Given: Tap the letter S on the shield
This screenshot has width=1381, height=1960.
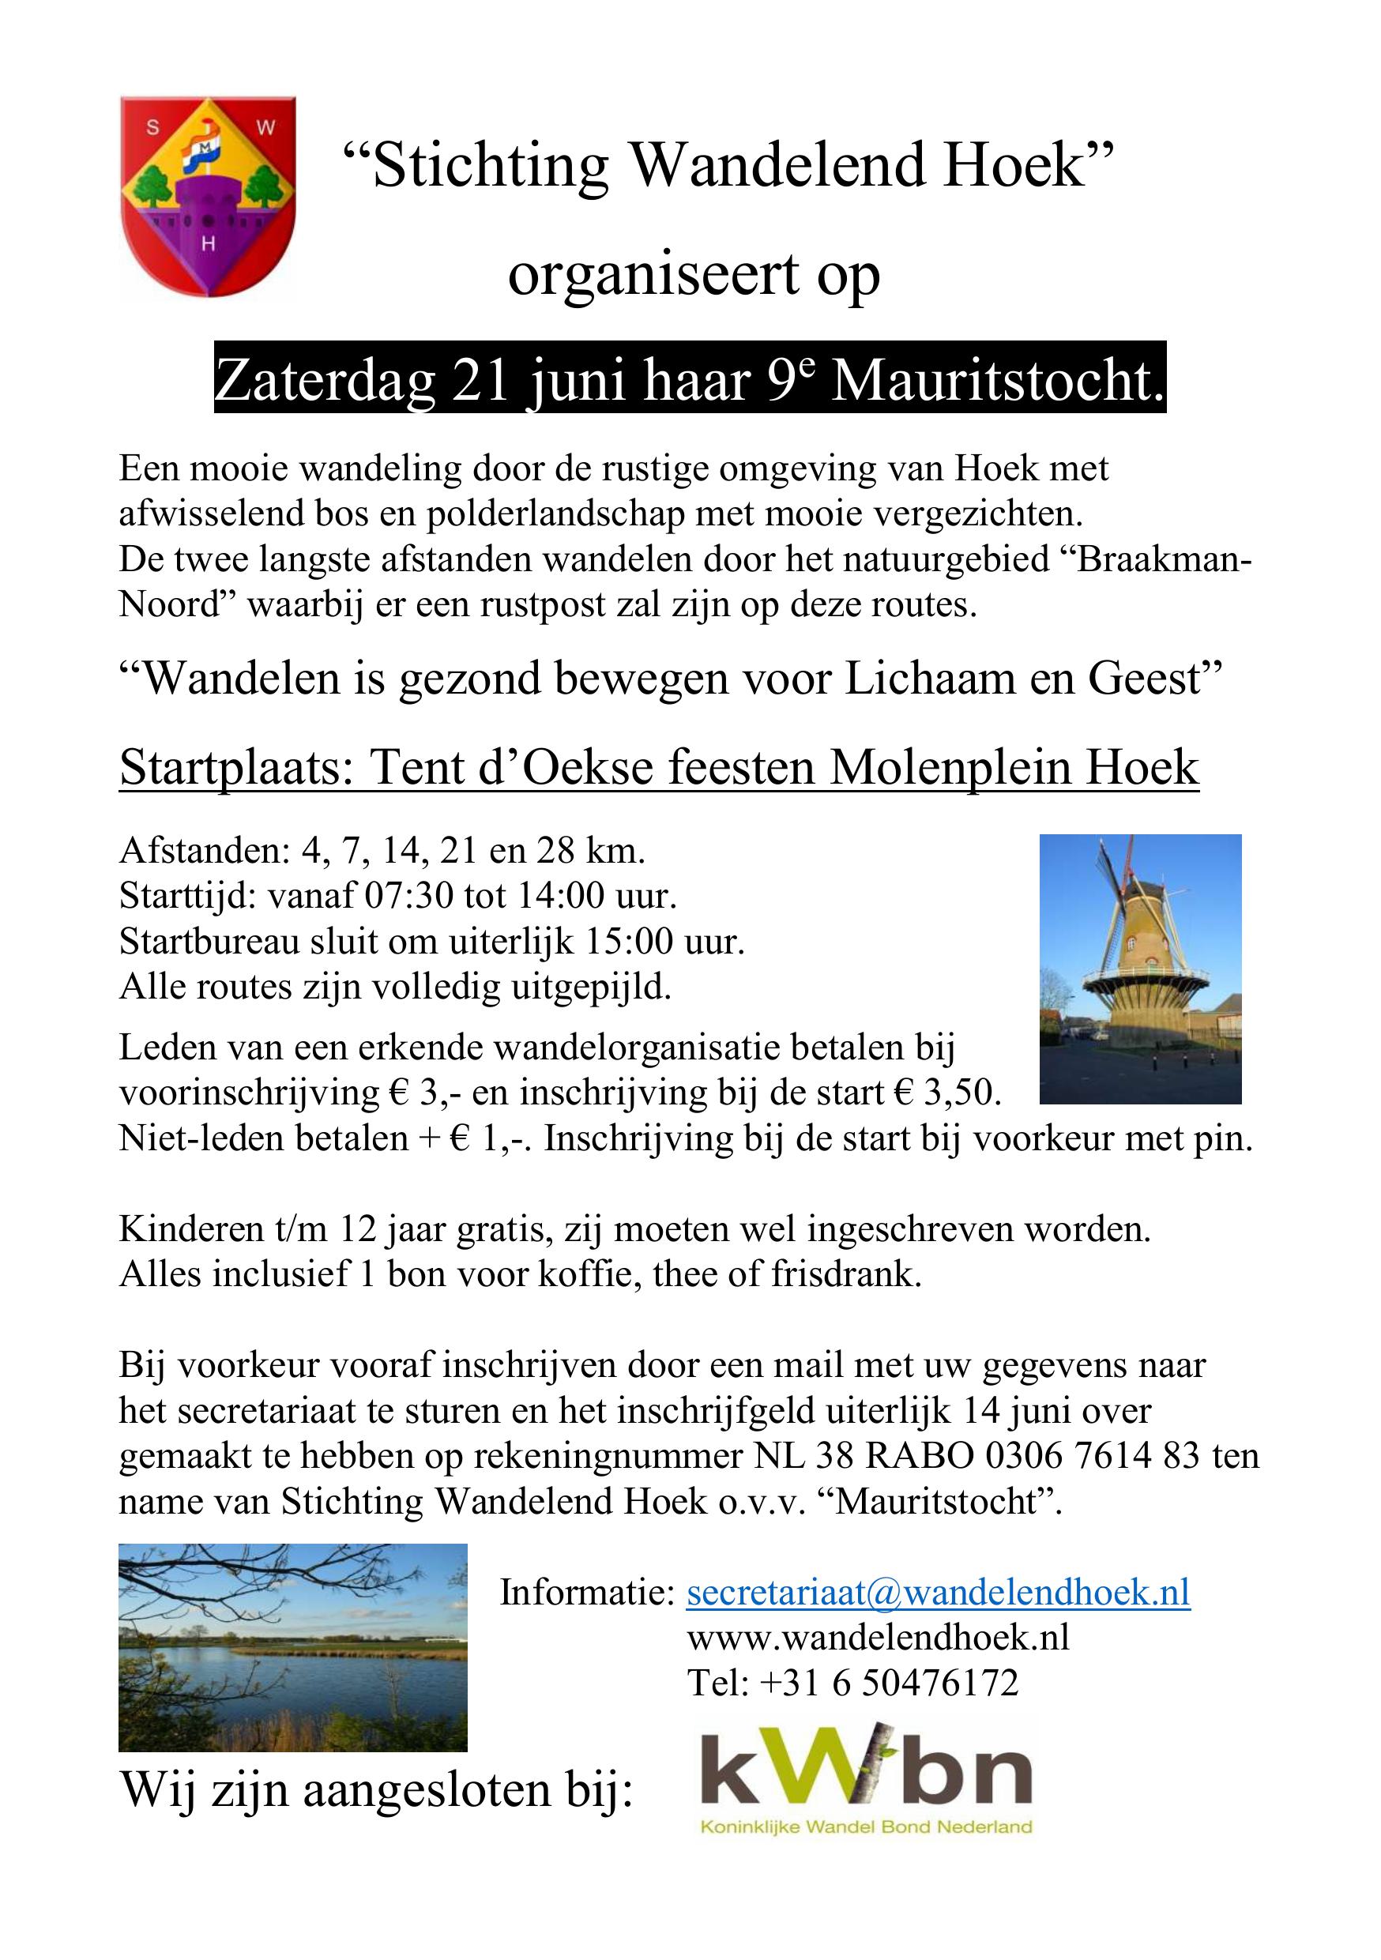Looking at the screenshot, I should (152, 129).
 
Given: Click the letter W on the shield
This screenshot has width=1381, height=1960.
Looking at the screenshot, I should (265, 129).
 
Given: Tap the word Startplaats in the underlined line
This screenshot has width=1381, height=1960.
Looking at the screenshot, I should (234, 766).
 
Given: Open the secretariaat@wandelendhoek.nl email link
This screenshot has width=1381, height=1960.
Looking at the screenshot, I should (937, 1592).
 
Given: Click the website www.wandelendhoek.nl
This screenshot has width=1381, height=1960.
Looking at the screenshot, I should (878, 1638).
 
